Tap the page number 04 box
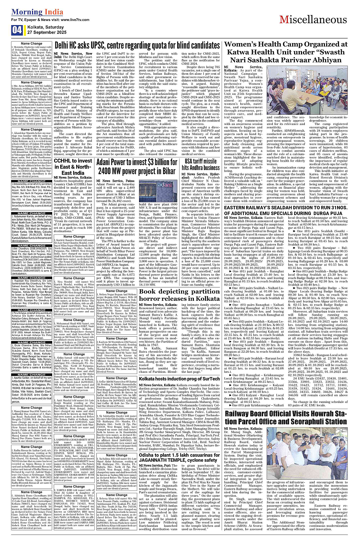tap(17, 30)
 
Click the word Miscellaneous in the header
tap(313, 20)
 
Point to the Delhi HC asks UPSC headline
tap(137, 46)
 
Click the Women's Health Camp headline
tap(285, 52)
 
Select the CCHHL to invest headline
tap(73, 167)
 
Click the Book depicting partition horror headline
tap(179, 295)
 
